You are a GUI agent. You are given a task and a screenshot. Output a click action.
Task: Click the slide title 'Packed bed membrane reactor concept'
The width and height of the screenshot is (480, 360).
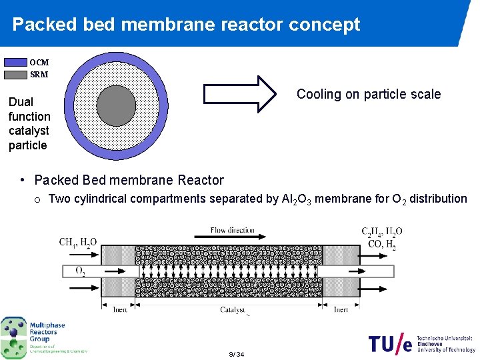(186, 25)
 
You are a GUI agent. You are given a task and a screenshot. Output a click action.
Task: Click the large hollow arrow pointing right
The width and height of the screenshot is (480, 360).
(239, 94)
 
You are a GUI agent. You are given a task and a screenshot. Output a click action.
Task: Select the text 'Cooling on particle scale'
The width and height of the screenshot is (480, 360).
(369, 94)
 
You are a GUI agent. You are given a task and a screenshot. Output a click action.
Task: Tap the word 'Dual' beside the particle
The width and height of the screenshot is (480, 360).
(21, 102)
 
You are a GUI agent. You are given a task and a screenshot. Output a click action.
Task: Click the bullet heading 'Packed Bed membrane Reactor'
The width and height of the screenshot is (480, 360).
(129, 180)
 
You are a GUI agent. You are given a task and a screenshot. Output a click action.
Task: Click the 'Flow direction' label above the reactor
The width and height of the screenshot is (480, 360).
(233, 230)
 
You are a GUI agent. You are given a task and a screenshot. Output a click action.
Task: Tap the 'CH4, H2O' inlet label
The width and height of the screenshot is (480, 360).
(77, 242)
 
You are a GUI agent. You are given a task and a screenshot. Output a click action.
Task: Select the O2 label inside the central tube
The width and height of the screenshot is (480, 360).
(80, 271)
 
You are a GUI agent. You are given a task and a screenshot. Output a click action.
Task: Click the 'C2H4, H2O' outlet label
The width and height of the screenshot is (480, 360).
(382, 232)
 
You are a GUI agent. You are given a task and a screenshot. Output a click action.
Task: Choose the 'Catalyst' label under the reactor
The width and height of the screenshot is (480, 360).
(233, 309)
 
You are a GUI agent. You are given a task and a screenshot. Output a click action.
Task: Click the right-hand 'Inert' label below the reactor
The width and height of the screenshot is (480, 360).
(341, 309)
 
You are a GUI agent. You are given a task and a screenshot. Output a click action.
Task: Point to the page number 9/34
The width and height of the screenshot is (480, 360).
(236, 354)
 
